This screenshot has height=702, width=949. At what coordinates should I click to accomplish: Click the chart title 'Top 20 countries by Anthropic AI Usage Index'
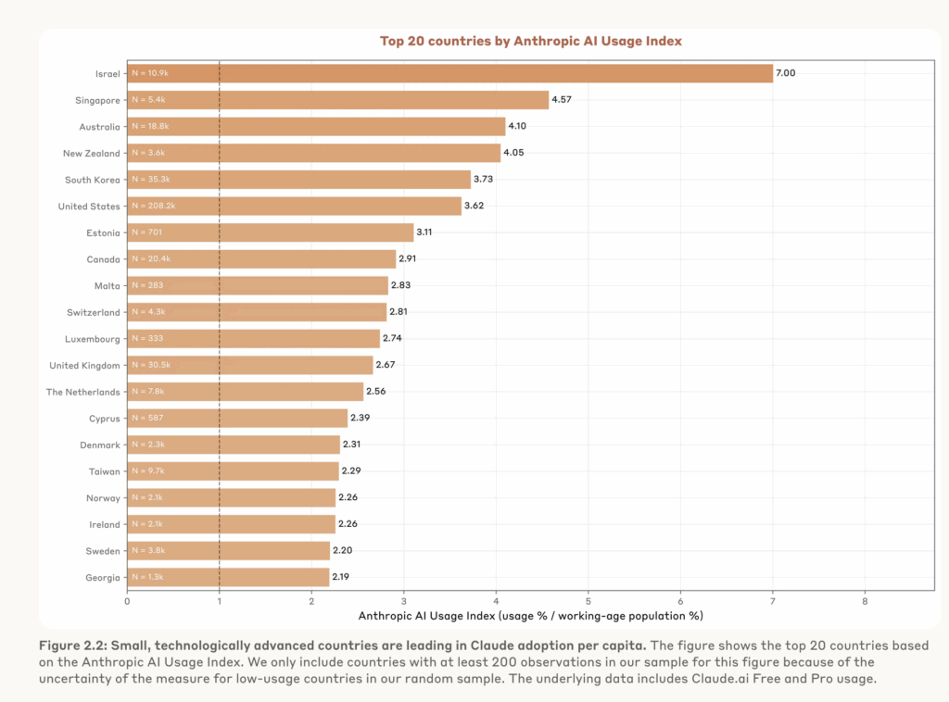[x=531, y=41]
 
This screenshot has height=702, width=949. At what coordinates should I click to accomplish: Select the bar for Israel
[x=449, y=73]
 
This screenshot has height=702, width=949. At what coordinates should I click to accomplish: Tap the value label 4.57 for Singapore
[x=563, y=99]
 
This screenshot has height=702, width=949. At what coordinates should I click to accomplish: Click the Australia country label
[x=99, y=126]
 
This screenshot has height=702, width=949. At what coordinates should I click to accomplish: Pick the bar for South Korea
[x=298, y=180]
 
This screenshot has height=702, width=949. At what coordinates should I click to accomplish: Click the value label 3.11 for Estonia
[x=427, y=232]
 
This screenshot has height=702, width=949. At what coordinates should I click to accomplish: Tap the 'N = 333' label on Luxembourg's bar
[x=146, y=338]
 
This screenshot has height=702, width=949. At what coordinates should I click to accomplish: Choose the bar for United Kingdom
[x=250, y=365]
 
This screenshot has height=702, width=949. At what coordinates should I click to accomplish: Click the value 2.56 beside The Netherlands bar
[x=376, y=391]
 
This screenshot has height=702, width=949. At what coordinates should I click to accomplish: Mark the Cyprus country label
[x=104, y=418]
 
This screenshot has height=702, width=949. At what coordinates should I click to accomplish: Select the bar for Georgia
[x=228, y=577]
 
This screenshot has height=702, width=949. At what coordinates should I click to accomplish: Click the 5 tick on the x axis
[x=588, y=600]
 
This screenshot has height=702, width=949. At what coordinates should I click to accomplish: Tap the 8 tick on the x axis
[x=865, y=600]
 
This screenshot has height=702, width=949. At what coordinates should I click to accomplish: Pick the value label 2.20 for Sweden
[x=343, y=550]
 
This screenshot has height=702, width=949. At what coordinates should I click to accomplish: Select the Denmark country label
[x=99, y=445]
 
